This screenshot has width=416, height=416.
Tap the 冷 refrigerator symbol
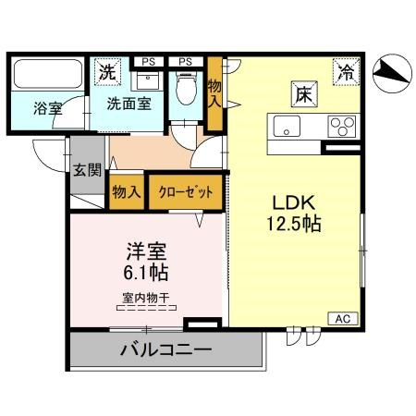click(x=344, y=69)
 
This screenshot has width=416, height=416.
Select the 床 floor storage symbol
click(x=301, y=92)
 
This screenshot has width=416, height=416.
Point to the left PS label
click(x=146, y=62)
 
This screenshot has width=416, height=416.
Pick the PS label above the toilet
click(x=185, y=62)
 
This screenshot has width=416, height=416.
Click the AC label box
click(x=341, y=318)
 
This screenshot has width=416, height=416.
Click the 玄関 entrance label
click(x=84, y=170)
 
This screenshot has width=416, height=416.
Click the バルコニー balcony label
click(x=165, y=351)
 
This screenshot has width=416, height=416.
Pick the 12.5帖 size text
click(x=295, y=224)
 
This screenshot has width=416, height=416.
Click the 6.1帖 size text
click(x=147, y=273)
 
